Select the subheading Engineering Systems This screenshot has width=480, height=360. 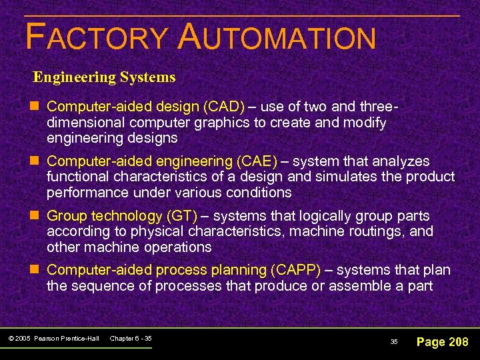[105, 77]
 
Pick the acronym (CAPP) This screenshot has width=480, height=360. [295, 270]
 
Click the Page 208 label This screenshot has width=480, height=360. [442, 342]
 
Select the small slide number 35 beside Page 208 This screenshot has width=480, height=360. [393, 342]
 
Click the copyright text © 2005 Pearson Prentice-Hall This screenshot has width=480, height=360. [54, 339]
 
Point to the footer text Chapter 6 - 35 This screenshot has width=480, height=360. [130, 339]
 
